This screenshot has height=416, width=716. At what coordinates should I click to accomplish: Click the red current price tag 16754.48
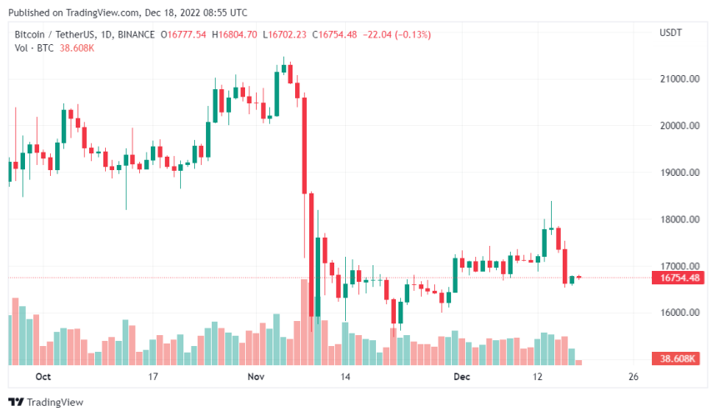coord(679,278)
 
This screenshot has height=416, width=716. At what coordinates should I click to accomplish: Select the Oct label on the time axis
coord(44,377)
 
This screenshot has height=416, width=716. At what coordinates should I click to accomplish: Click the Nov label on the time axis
coord(256,377)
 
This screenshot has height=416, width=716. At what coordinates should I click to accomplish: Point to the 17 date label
coord(153,377)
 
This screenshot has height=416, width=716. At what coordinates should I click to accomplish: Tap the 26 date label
coord(633,377)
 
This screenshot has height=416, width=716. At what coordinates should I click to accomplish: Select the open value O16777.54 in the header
coord(187,33)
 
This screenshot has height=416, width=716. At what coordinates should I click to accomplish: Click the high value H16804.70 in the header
coord(237,33)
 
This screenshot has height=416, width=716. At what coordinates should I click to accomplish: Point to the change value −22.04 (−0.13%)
coord(395,33)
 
